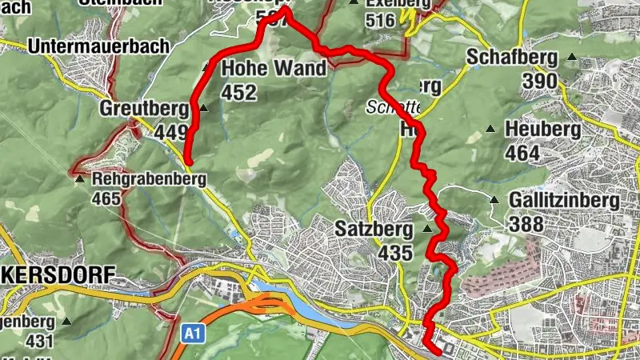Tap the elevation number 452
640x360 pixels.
[x=240, y=92]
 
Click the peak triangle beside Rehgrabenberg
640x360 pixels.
[x=80, y=179]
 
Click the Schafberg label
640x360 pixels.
[x=510, y=58]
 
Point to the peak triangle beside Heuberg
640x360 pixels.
[x=490, y=129]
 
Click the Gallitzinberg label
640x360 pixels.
[x=564, y=200]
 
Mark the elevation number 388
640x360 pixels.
[x=526, y=224]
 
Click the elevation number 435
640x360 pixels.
[x=396, y=254]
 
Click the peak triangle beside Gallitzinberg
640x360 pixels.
[x=494, y=201]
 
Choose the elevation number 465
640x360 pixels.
[x=106, y=197]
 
